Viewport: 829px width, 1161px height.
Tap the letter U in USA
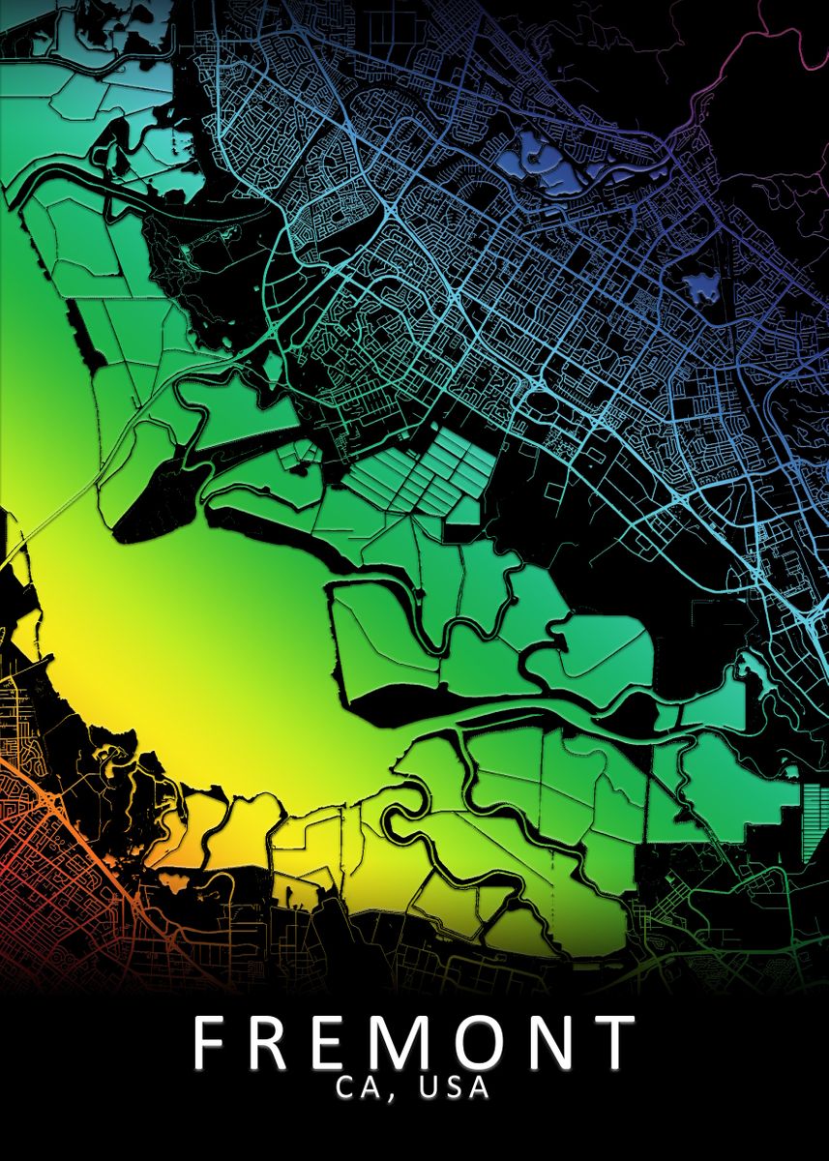coord(428,1088)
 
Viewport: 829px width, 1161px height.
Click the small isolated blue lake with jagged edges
coord(701,285)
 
